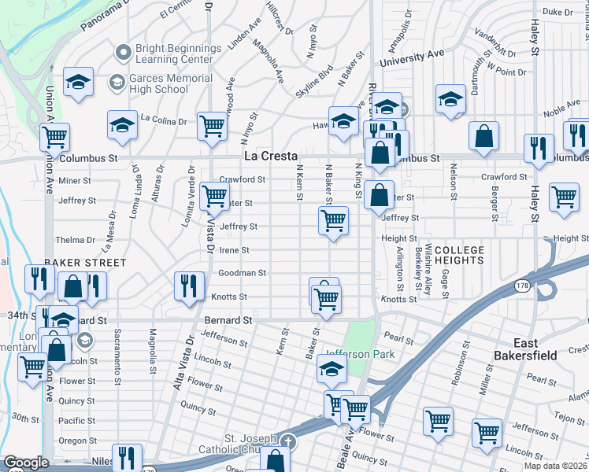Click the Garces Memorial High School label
(171, 84)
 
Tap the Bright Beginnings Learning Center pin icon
(122, 53)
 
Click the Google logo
(25, 463)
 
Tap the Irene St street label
(234, 250)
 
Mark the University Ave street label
(412, 57)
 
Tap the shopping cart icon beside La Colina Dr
(212, 125)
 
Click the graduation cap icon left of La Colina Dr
(122, 125)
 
